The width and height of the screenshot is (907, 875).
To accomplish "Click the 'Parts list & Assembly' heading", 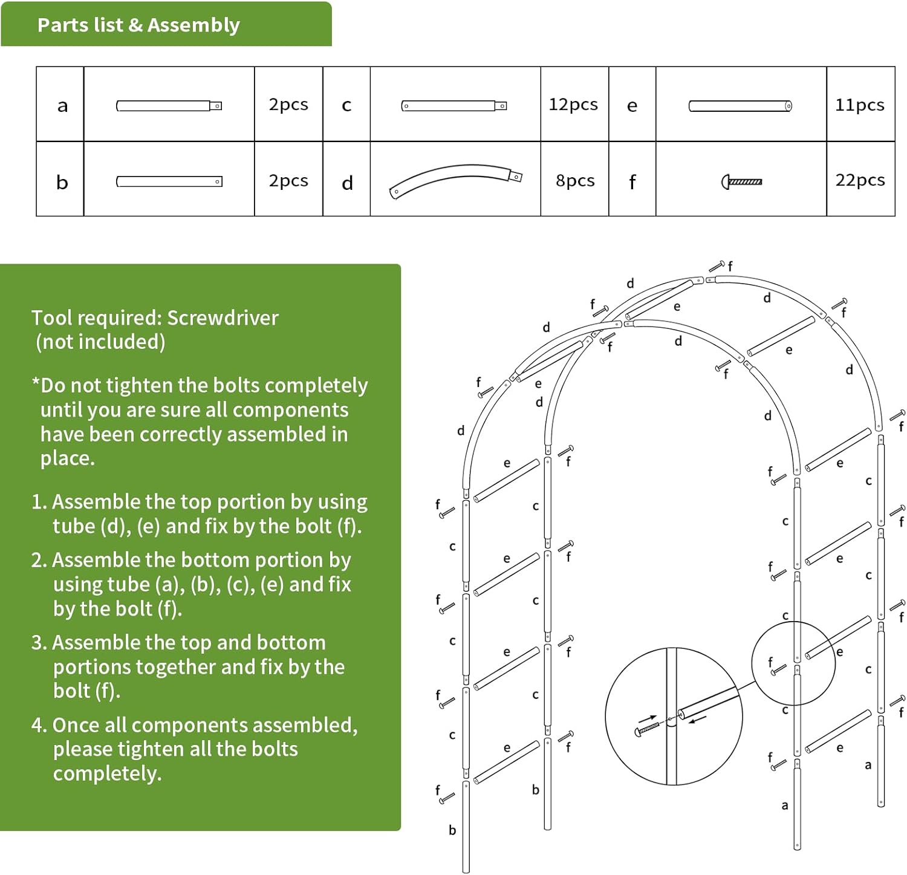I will coord(138,25).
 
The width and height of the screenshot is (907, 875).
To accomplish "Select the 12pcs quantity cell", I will coord(573,105).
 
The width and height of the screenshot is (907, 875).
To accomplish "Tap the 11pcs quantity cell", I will coord(859,105).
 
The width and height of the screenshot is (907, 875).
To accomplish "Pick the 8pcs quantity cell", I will coord(574,181).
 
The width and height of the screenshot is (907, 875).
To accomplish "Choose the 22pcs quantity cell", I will coord(860,180).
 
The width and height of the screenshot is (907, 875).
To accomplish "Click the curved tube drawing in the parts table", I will coord(455,180).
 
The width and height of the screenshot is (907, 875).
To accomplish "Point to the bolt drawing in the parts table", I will coord(742,181).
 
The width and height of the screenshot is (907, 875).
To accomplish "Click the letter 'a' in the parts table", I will coord(62,106).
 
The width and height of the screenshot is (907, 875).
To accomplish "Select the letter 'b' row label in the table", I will coord(62,182).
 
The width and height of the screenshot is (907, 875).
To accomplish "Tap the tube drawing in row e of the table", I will coord(740,106).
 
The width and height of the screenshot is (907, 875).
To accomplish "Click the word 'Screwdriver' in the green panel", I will coord(223,318).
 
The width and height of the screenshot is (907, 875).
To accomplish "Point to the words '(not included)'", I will coord(100,342).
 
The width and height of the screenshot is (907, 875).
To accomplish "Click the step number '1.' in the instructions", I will coord(39,503).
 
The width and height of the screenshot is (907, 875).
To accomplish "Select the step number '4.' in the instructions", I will coord(39,725).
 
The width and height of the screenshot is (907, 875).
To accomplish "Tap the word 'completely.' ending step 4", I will coord(107,773).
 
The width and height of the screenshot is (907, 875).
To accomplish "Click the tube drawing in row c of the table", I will coord(454,106).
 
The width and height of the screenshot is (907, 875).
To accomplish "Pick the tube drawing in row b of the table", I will coord(169,181).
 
